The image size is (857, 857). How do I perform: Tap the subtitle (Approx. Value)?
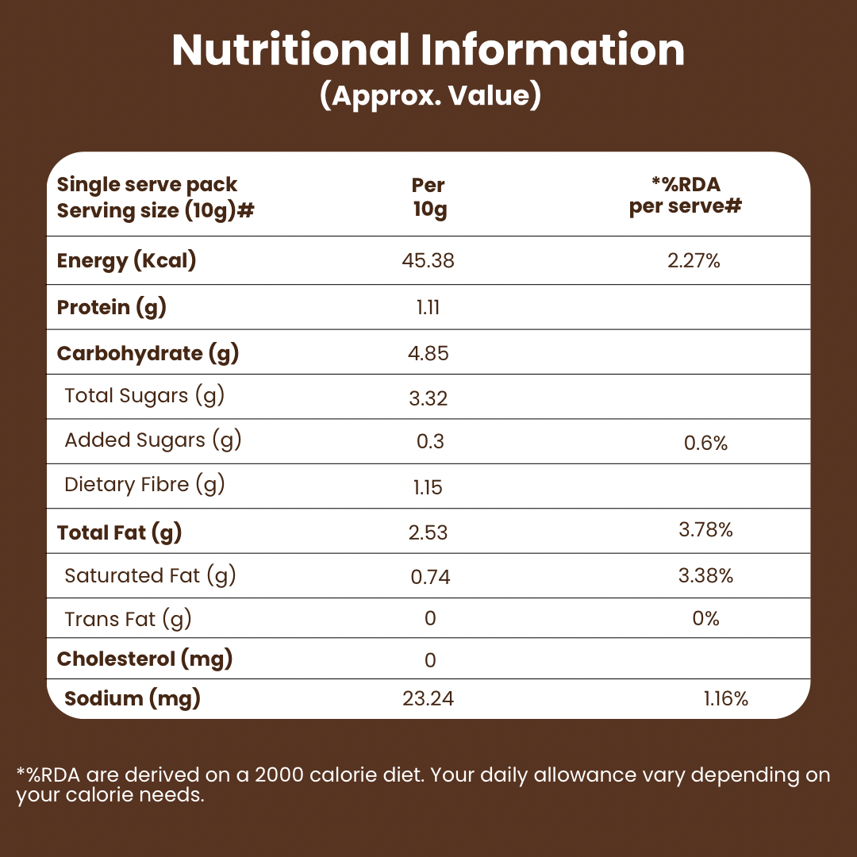(430, 95)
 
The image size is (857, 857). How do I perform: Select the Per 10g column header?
(428, 198)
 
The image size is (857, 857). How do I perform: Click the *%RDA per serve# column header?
(686, 196)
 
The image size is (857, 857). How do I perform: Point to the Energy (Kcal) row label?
(126, 260)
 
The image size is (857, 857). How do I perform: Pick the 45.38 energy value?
(428, 260)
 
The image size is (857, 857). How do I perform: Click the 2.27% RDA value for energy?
(694, 260)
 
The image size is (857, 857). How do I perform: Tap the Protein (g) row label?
(112, 307)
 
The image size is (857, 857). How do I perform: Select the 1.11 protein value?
(428, 308)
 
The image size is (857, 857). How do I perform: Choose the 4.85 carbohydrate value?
(428, 353)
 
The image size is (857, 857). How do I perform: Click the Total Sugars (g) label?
(144, 396)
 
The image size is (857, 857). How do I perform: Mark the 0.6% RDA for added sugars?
(705, 443)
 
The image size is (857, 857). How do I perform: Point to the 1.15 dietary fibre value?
(428, 487)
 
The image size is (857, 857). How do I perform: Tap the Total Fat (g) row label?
(120, 532)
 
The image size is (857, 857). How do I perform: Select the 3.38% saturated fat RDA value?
(705, 575)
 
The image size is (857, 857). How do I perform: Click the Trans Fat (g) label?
(128, 619)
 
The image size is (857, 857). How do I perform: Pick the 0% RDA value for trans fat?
(705, 618)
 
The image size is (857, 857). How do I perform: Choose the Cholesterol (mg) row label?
(144, 659)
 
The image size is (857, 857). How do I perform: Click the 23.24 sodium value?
(428, 699)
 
